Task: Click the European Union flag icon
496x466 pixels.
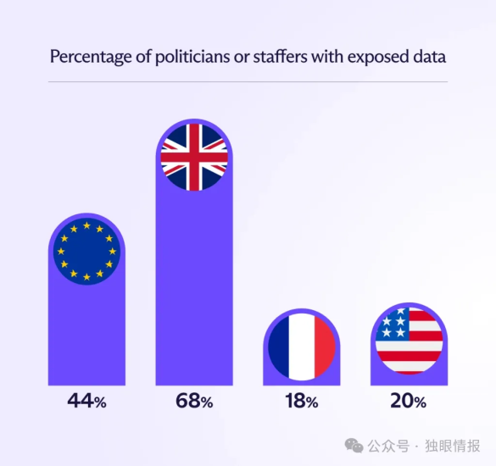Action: (x=86, y=252)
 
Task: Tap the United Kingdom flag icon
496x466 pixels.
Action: (x=194, y=156)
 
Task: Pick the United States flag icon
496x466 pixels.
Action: (x=409, y=341)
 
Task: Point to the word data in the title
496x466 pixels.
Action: (x=431, y=57)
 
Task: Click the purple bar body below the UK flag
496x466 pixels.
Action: (x=194, y=288)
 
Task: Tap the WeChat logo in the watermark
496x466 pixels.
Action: (x=354, y=446)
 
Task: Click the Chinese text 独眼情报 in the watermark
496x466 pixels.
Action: (x=454, y=446)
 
